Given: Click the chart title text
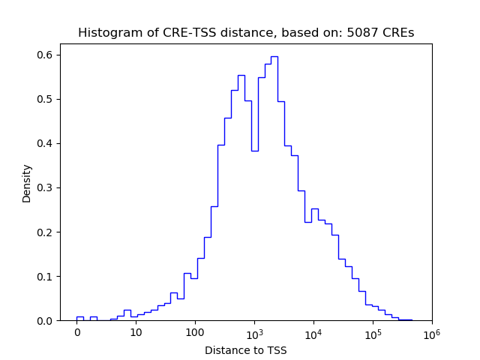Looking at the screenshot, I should (246, 33).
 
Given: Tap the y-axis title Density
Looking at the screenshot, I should (27, 182).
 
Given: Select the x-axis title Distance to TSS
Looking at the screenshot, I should (246, 350).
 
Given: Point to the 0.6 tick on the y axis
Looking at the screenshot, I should (46, 55).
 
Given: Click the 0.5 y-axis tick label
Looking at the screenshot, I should (46, 99).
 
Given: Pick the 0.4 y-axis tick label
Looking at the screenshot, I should (46, 143).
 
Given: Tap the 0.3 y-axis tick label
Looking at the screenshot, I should (46, 187).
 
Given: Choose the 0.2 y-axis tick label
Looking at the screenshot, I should (46, 232).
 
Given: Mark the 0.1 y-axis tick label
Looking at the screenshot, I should (46, 276).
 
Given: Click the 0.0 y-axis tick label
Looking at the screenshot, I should (46, 320).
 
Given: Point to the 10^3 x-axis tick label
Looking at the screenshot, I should (254, 332).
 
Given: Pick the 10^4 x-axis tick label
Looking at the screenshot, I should (313, 332).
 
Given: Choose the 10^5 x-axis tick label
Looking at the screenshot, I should (373, 332).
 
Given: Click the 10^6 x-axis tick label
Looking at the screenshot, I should (432, 332).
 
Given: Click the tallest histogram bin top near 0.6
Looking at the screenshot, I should (274, 56).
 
